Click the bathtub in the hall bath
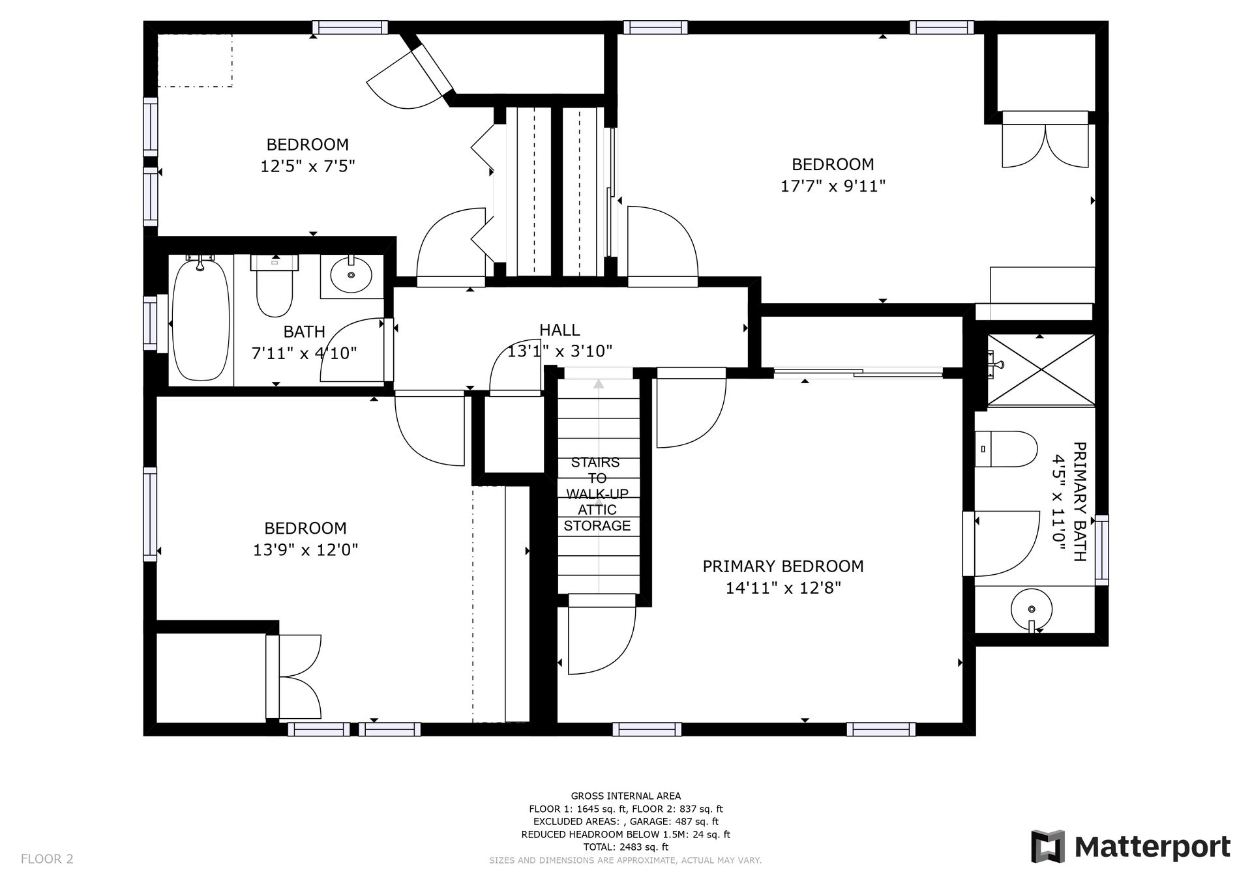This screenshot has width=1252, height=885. [201, 320]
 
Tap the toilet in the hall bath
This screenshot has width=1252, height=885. [275, 286]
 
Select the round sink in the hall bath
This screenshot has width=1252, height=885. [351, 275]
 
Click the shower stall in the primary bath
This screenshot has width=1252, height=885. [1041, 370]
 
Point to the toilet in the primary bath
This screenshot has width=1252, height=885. [1006, 449]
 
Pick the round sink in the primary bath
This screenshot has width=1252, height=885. [1031, 609]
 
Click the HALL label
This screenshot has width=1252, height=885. [559, 330]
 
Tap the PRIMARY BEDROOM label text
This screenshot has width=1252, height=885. [783, 566]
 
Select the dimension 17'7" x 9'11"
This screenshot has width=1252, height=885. [833, 186]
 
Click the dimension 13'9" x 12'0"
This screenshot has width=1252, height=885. [306, 550]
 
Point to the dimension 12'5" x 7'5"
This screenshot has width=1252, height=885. [308, 166]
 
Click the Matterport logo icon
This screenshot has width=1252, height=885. [1047, 847]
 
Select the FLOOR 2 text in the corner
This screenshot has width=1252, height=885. [47, 859]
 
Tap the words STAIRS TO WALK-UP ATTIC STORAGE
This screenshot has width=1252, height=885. [597, 494]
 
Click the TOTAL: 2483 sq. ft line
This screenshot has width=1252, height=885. [625, 847]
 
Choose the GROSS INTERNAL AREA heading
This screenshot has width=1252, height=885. [626, 796]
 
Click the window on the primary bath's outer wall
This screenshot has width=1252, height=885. [1101, 550]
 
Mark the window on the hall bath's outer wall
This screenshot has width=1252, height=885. [151, 323]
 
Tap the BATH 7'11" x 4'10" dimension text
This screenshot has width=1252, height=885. [305, 342]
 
